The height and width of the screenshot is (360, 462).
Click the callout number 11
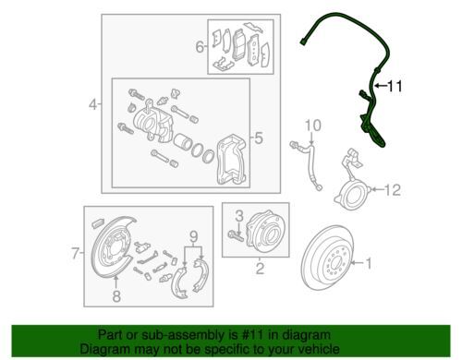tap(395, 88)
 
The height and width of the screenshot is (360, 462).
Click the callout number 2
tap(260, 270)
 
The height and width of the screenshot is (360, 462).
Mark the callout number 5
tap(258, 139)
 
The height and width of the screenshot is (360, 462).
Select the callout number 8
tap(116, 295)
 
